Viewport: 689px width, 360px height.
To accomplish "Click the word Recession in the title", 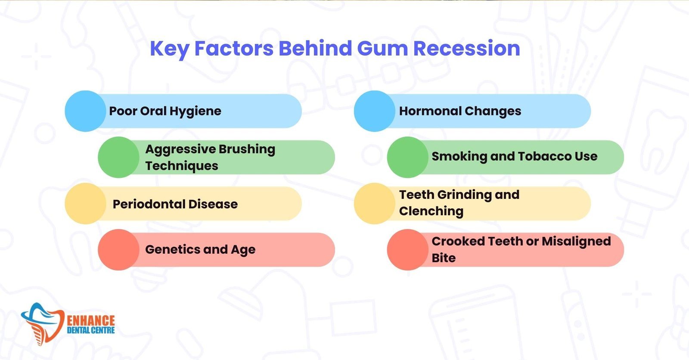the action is tap(467, 48).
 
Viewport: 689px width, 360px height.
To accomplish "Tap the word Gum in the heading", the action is tap(382, 48).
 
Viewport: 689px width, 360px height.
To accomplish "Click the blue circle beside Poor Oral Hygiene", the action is tap(85, 111).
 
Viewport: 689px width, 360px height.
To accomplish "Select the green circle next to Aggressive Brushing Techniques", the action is tap(118, 157).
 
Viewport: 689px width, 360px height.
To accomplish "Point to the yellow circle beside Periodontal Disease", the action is tap(85, 203).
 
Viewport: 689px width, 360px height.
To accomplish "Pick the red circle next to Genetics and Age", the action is tap(118, 249).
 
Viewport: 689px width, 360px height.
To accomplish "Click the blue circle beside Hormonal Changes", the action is tap(374, 111).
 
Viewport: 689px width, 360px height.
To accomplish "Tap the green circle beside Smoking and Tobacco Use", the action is tap(407, 157).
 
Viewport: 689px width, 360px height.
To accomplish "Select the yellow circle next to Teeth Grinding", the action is tap(374, 203).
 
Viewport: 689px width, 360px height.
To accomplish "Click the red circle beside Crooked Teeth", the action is tap(407, 249).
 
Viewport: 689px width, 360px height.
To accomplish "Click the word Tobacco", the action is tap(545, 156).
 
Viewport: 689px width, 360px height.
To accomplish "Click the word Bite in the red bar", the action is tap(444, 258).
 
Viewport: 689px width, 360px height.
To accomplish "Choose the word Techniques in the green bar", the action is tap(182, 166).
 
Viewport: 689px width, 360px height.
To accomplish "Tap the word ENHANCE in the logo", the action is tap(91, 321).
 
